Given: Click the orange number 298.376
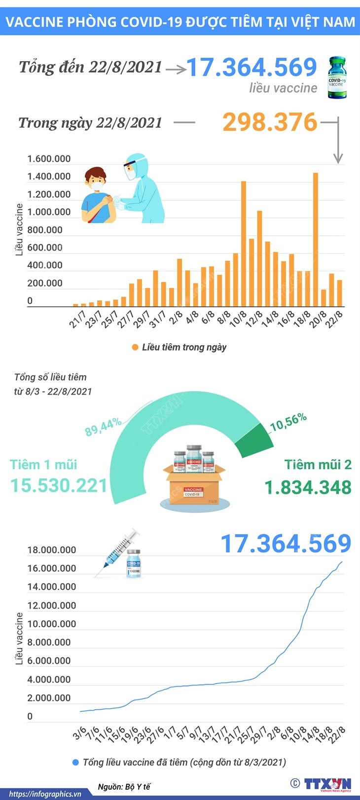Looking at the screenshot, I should [x=269, y=122].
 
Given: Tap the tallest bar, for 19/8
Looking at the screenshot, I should [x=316, y=240].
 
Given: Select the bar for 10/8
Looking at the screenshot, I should [x=244, y=244].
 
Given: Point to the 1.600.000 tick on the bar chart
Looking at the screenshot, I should [x=49, y=159].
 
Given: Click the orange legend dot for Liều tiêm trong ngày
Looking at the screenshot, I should [x=135, y=348].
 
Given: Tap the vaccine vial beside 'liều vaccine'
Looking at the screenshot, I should [x=337, y=77].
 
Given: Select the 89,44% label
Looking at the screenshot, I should [x=103, y=427].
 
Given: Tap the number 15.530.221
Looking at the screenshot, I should [x=59, y=486].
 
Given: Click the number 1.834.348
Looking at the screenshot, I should [x=308, y=488].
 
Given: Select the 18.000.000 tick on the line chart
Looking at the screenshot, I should [x=52, y=550].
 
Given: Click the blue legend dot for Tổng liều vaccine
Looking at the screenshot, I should [x=75, y=763].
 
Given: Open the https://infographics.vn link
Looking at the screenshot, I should [x=45, y=794].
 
